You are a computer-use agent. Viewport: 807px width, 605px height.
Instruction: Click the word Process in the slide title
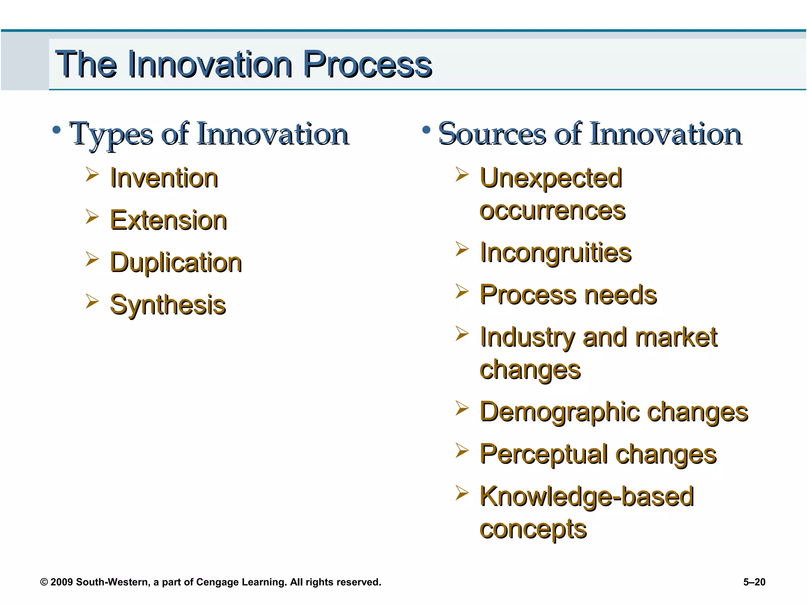point(367,65)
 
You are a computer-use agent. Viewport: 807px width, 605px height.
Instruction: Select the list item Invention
point(164,178)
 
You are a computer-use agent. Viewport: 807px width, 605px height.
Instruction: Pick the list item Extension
point(168,220)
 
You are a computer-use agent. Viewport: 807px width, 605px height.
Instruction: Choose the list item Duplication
point(176,263)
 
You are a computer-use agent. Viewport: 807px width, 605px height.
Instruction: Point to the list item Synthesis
point(168,305)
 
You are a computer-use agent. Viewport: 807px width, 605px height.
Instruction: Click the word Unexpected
point(551,178)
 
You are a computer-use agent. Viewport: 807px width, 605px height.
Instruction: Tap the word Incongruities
point(555,252)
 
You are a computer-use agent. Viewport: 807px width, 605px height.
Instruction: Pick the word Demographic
point(559,412)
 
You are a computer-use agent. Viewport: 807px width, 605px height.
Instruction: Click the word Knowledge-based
point(586,496)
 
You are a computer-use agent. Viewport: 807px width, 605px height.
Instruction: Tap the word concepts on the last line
point(533,529)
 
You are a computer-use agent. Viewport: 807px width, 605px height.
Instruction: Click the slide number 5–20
point(754,582)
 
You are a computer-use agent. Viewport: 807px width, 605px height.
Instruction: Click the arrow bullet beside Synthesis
point(92,301)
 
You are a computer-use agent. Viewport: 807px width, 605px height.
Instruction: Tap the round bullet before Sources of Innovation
point(426,130)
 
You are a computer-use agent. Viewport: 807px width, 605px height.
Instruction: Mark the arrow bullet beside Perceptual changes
point(461,451)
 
